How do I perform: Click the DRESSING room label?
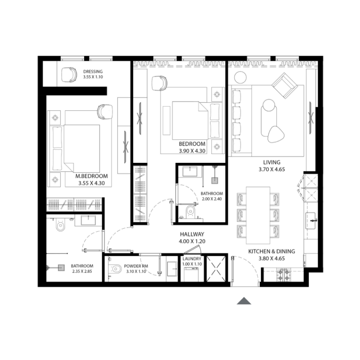tap(93, 72)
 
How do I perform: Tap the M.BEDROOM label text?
tap(91, 176)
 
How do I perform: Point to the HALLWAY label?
tap(192, 234)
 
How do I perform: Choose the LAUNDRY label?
tap(192, 260)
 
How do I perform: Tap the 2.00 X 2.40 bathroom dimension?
tap(211, 199)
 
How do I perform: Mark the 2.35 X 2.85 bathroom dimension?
tap(82, 271)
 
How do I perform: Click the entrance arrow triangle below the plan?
tap(244, 301)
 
